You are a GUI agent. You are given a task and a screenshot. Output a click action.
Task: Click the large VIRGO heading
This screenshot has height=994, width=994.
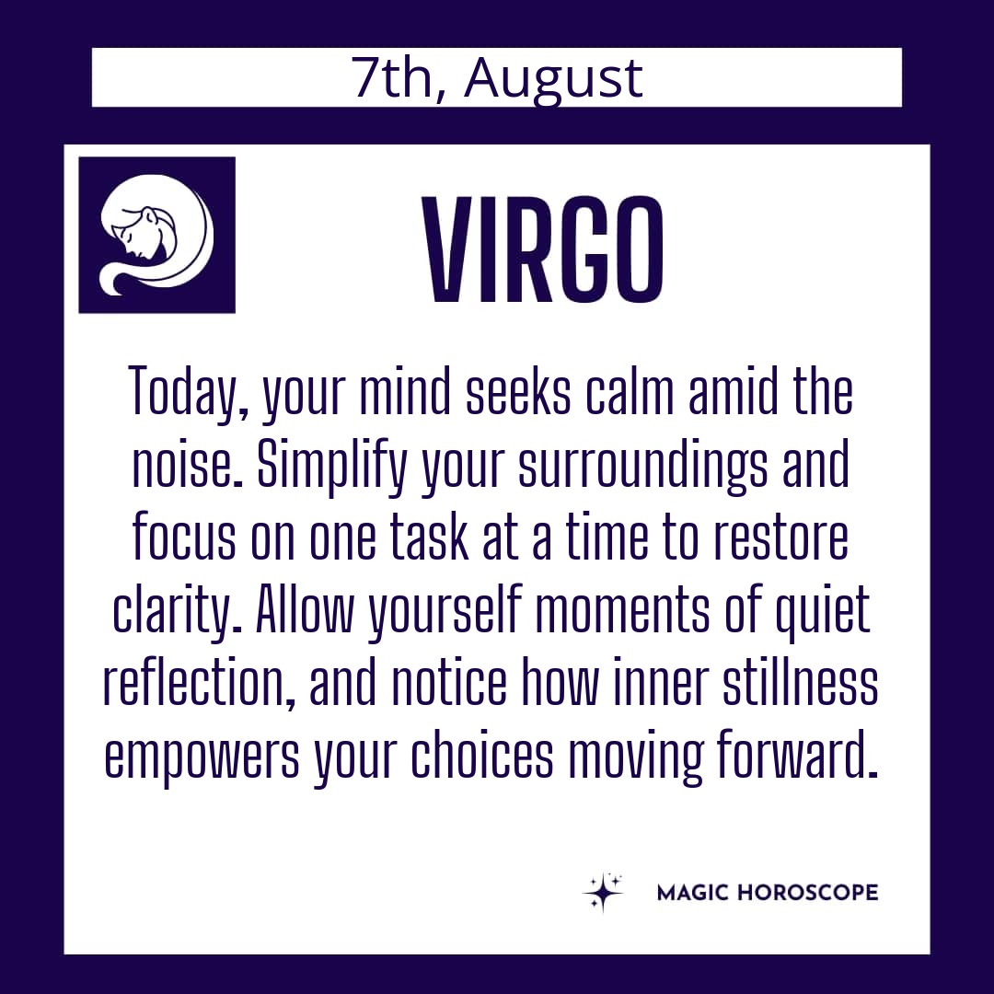[x=543, y=249]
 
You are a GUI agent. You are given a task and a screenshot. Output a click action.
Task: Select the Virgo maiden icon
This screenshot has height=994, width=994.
[x=156, y=235]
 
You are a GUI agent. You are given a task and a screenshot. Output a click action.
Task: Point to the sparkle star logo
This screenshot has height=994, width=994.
[x=603, y=891]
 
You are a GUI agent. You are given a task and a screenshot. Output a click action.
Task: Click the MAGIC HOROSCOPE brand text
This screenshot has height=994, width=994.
[x=768, y=893]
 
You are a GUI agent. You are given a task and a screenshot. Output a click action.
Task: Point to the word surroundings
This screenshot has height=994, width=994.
[x=642, y=466]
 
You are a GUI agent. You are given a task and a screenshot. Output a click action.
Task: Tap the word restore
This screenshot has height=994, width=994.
[x=780, y=537]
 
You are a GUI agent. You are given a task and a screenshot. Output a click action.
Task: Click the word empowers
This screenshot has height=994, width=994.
[x=202, y=757]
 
